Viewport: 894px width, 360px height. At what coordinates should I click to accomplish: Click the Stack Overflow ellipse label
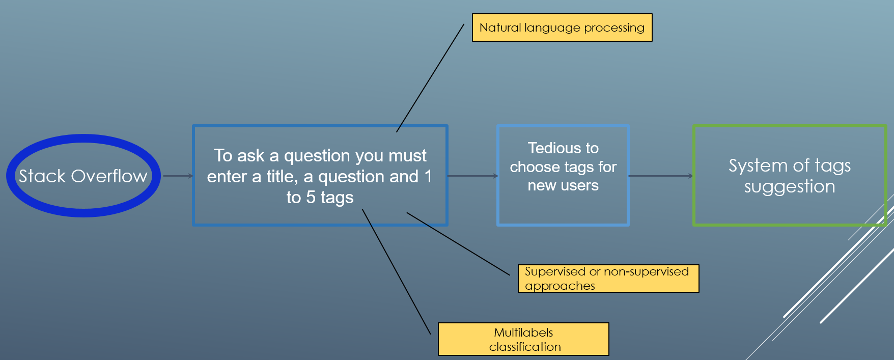[83, 176]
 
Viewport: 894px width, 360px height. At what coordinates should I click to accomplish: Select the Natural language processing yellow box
[562, 27]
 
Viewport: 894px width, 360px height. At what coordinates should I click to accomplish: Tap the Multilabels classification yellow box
[523, 339]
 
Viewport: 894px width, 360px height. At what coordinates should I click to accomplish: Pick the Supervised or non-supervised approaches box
[608, 279]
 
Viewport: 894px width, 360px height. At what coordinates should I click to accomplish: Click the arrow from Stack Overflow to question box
[178, 176]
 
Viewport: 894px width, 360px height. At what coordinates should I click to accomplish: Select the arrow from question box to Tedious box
[473, 176]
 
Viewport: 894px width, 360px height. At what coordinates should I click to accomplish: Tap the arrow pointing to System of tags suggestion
[661, 176]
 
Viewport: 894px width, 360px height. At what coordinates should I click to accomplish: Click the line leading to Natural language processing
[430, 78]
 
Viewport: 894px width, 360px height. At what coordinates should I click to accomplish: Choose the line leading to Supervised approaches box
[458, 244]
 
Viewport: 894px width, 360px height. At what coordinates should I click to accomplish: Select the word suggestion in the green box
[790, 187]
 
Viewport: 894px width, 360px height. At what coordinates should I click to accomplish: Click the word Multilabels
[523, 333]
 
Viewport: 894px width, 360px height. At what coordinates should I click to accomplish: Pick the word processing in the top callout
[614, 28]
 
